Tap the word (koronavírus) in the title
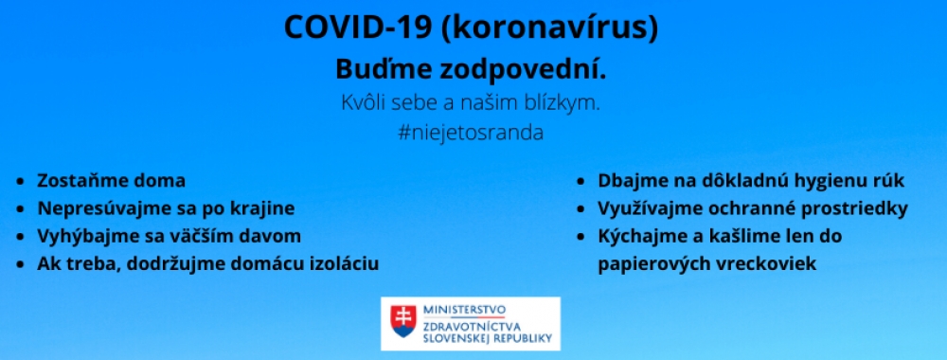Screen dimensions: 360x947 [x=550, y=27]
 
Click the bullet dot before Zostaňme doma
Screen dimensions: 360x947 [x=22, y=180]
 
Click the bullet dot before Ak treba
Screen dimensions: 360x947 [x=22, y=262]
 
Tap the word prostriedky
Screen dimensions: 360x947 [x=855, y=207]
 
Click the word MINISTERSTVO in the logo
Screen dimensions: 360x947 [x=465, y=310]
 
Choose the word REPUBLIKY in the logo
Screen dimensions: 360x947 [x=524, y=336]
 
